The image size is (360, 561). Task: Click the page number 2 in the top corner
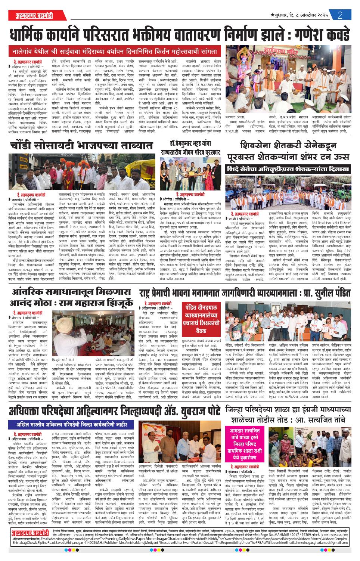tap(340, 15)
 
